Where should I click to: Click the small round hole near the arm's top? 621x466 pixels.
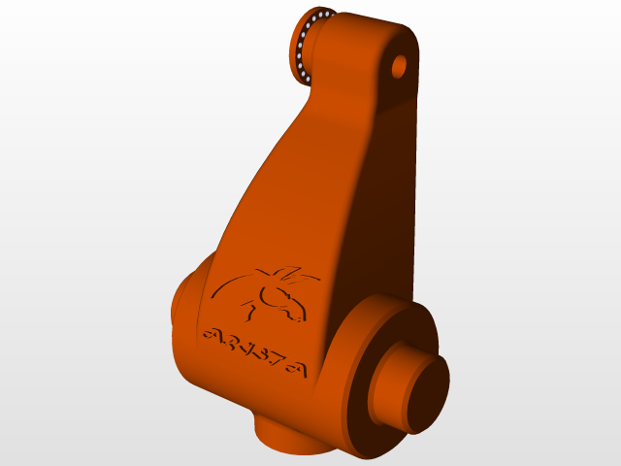click(x=398, y=67)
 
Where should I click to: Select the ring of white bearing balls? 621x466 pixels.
click(x=306, y=44)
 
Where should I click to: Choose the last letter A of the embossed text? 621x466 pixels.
click(x=295, y=369)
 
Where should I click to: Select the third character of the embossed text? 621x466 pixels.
click(x=245, y=348)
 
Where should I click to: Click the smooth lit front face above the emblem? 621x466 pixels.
click(x=291, y=194)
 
